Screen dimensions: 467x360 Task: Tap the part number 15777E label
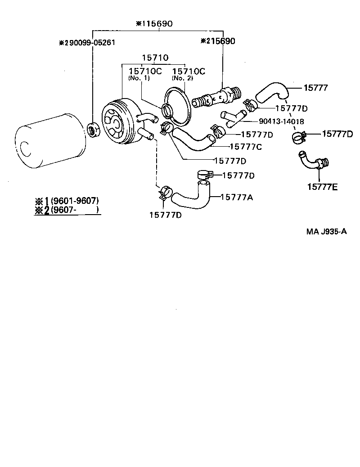pos(322,186)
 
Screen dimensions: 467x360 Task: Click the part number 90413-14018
pos(281,121)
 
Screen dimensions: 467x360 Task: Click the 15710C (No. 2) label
pos(189,71)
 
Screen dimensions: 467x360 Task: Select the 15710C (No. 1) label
pos(144,71)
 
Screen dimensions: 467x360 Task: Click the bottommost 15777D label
pos(165,215)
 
